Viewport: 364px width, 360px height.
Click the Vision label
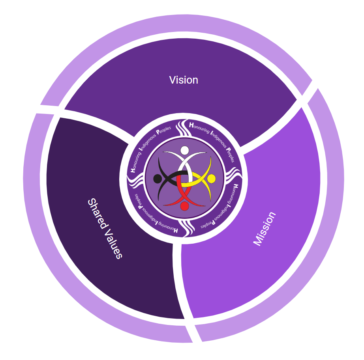click(184, 80)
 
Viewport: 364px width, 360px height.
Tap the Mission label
click(265, 229)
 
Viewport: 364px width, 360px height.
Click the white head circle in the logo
click(184, 150)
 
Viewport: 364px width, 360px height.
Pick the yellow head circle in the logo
click(211, 179)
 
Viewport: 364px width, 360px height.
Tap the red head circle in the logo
click(184, 206)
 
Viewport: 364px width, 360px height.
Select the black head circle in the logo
click(158, 179)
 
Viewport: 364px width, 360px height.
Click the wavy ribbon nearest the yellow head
click(234, 177)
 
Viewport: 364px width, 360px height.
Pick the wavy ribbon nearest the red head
click(186, 229)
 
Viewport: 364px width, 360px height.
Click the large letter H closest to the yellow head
click(235, 186)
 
